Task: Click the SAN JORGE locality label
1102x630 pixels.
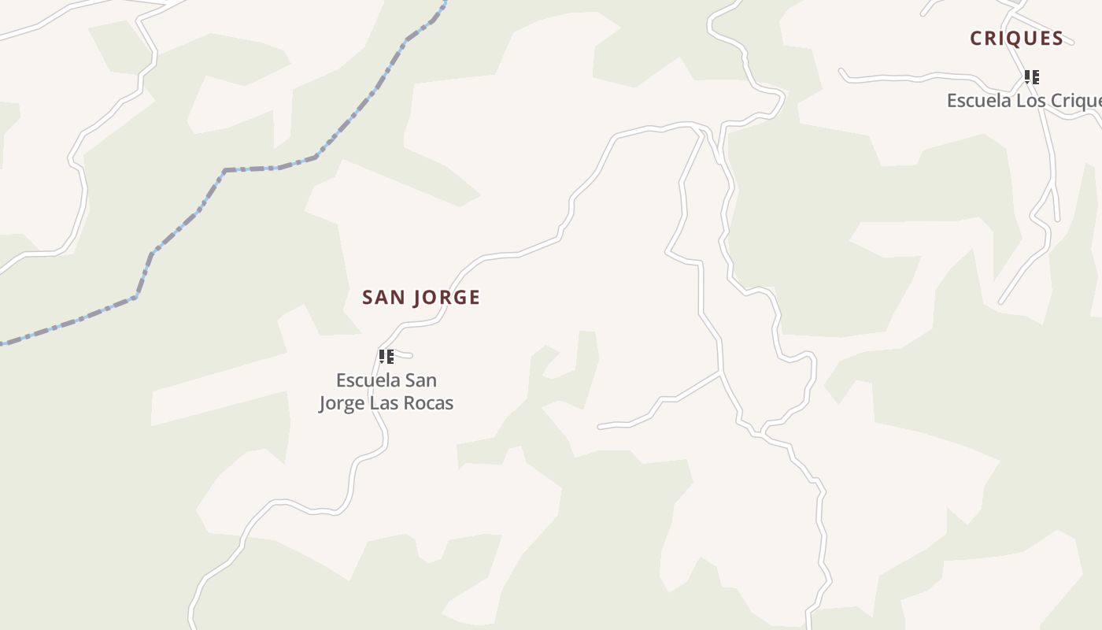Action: (x=421, y=298)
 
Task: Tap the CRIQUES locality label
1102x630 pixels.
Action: (x=1016, y=39)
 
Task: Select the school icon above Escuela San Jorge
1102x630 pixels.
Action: (x=386, y=357)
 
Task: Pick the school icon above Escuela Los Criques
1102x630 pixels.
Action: (x=1031, y=77)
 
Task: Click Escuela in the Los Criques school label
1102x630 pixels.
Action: (x=976, y=101)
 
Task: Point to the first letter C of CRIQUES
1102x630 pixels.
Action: (x=976, y=39)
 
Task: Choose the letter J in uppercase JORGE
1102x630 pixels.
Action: (x=418, y=298)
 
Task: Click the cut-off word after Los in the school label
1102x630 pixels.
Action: (x=1071, y=101)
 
